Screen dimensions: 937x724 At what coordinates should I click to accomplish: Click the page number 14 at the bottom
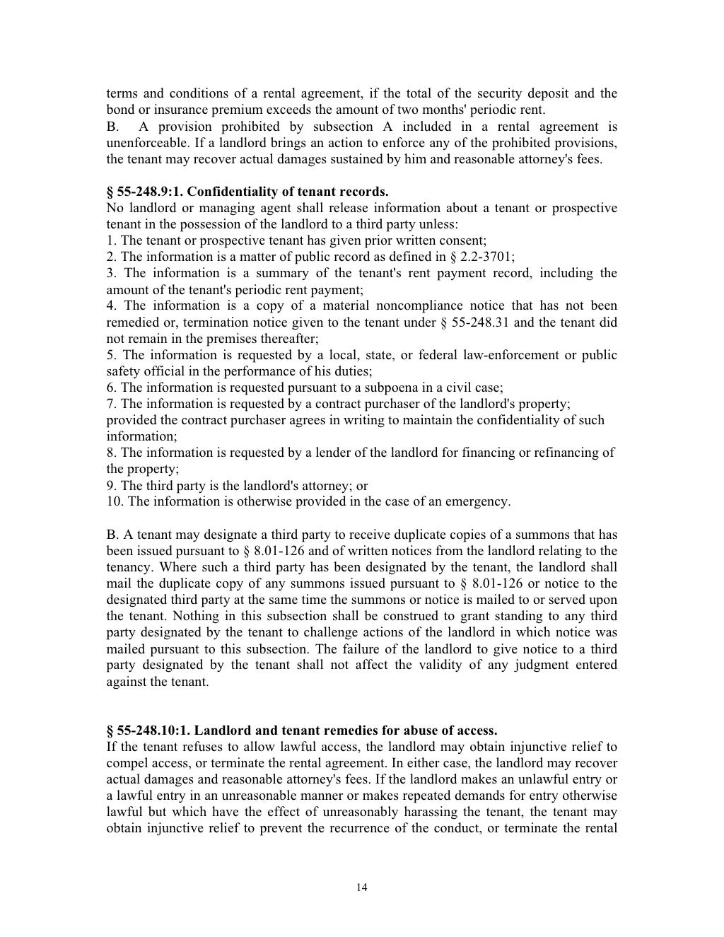(362, 887)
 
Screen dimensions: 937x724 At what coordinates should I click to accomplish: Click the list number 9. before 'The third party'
(112, 486)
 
